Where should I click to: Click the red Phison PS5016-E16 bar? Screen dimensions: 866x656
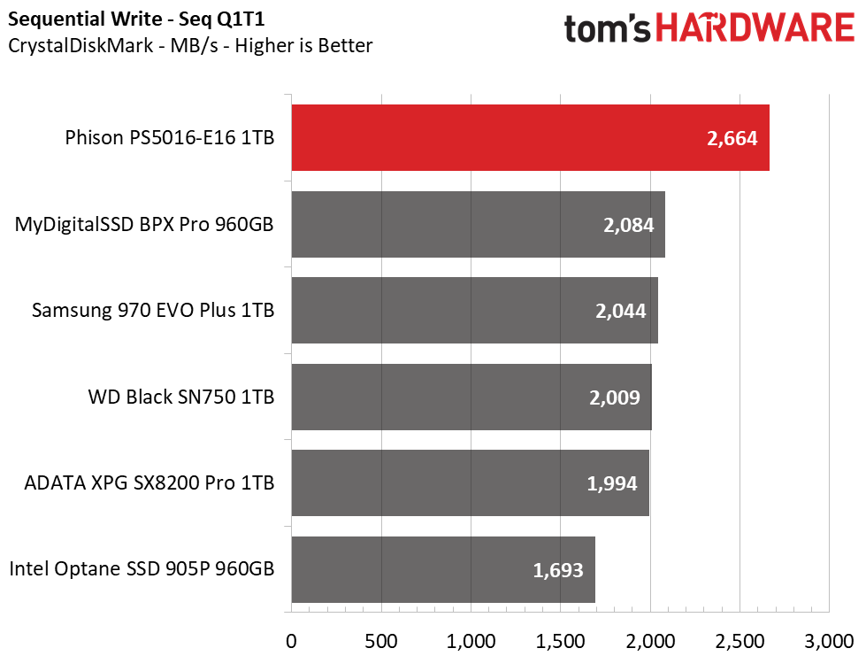tap(530, 137)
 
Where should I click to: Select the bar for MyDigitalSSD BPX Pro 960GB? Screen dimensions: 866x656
tap(479, 224)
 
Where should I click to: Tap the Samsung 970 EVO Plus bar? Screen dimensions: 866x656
tap(475, 311)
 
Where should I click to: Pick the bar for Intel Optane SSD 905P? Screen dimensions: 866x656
tap(443, 569)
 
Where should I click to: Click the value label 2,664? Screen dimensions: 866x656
tap(732, 138)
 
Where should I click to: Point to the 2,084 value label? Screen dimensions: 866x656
tap(629, 225)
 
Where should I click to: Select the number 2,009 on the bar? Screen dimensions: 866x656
tap(615, 397)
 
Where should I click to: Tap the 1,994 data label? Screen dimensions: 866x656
tap(612, 483)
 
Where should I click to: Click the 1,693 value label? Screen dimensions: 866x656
tap(558, 570)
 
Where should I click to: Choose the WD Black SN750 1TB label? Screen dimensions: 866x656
tap(181, 397)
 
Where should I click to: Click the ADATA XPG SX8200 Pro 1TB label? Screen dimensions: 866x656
tap(149, 483)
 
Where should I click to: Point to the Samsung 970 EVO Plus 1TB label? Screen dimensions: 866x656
tap(153, 311)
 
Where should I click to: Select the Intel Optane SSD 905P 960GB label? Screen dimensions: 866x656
tap(142, 568)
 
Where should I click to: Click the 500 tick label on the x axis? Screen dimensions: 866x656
tap(381, 641)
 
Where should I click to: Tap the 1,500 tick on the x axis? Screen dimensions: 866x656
tap(560, 641)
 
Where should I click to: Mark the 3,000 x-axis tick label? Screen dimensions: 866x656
tap(829, 641)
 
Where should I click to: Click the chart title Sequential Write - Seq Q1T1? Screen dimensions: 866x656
tap(136, 19)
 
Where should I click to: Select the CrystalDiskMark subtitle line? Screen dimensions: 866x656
tap(190, 45)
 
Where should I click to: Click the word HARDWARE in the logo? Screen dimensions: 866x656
tap(755, 27)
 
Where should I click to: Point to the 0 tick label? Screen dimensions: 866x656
tap(291, 641)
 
